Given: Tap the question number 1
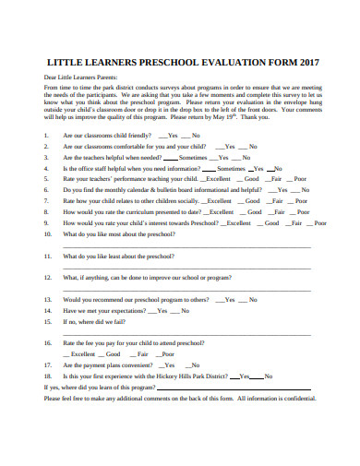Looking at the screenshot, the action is (x=46, y=135).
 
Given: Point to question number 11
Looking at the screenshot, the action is (x=47, y=256).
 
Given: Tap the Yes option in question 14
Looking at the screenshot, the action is (x=162, y=311).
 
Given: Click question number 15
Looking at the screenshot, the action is (x=47, y=322).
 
